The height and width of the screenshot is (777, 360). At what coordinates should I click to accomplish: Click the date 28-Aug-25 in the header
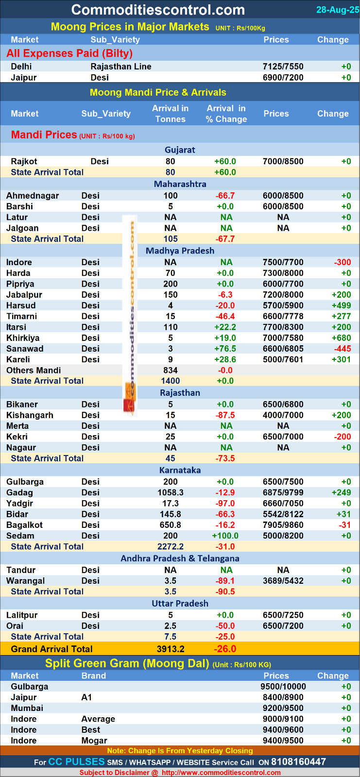click(x=337, y=10)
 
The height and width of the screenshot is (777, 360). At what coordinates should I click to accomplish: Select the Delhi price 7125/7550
click(x=283, y=67)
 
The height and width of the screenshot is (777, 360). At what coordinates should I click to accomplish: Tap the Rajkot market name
click(x=24, y=161)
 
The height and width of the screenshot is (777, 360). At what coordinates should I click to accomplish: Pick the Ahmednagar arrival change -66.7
click(x=225, y=196)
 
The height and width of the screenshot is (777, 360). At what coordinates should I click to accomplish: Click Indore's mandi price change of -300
click(x=342, y=262)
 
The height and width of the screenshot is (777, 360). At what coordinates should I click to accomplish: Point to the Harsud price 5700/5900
click(x=283, y=305)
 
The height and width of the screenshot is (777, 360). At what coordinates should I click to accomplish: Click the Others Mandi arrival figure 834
click(x=171, y=370)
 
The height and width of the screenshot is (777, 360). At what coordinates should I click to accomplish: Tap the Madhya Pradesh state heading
click(x=180, y=251)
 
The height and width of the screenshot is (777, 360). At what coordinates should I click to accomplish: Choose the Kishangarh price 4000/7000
click(x=283, y=415)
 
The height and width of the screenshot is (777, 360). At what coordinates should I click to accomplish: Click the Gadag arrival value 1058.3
click(x=171, y=492)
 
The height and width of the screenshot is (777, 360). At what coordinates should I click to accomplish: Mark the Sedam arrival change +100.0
click(x=225, y=536)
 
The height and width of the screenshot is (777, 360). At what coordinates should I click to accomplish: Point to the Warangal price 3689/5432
click(x=283, y=581)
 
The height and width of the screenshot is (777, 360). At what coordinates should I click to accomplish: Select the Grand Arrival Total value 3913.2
click(x=171, y=649)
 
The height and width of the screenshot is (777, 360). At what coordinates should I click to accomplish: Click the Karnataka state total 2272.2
click(x=171, y=546)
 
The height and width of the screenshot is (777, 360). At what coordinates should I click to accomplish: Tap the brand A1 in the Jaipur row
click(x=86, y=697)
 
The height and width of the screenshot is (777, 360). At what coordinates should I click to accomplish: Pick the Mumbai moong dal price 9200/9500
click(x=283, y=708)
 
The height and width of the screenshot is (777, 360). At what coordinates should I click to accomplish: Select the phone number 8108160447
click(x=298, y=762)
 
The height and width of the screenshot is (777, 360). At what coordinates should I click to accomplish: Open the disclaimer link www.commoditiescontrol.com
click(x=221, y=773)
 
